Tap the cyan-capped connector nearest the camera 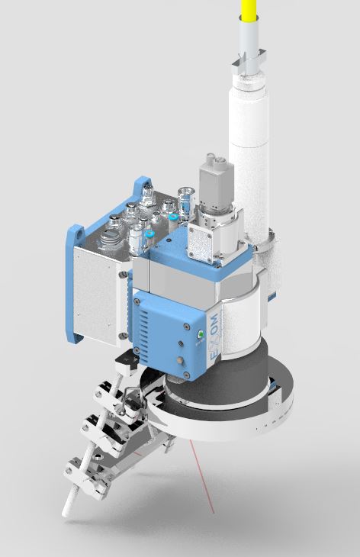coord(175,217)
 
